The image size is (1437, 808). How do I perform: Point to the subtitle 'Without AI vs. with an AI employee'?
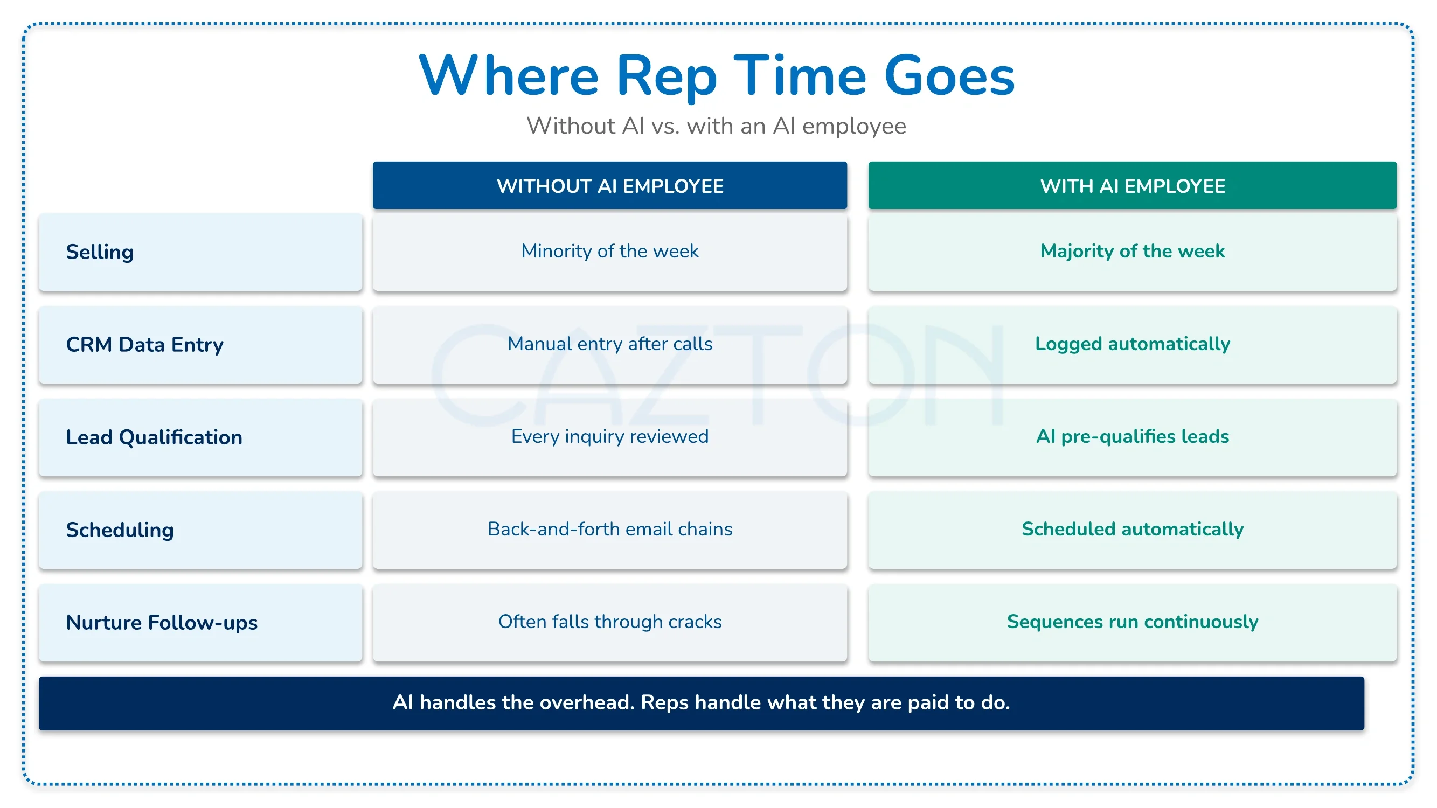716,126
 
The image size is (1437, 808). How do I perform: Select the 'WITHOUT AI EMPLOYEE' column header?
610,186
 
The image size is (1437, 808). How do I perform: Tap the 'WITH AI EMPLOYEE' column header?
1133,186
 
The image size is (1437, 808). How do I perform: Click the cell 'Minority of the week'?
610,252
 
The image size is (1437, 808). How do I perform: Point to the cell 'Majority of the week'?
1133,252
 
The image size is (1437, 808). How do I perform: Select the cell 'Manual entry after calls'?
610,344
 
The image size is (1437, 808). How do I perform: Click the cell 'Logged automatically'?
1133,344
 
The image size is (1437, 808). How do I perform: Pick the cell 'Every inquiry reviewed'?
610,437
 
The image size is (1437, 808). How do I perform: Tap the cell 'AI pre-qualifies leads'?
1133,437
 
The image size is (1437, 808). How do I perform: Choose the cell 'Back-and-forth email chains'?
610,529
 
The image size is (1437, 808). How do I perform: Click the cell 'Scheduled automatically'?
1133,529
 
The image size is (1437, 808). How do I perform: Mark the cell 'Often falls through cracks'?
610,622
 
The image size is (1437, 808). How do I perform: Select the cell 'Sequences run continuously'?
1133,622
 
